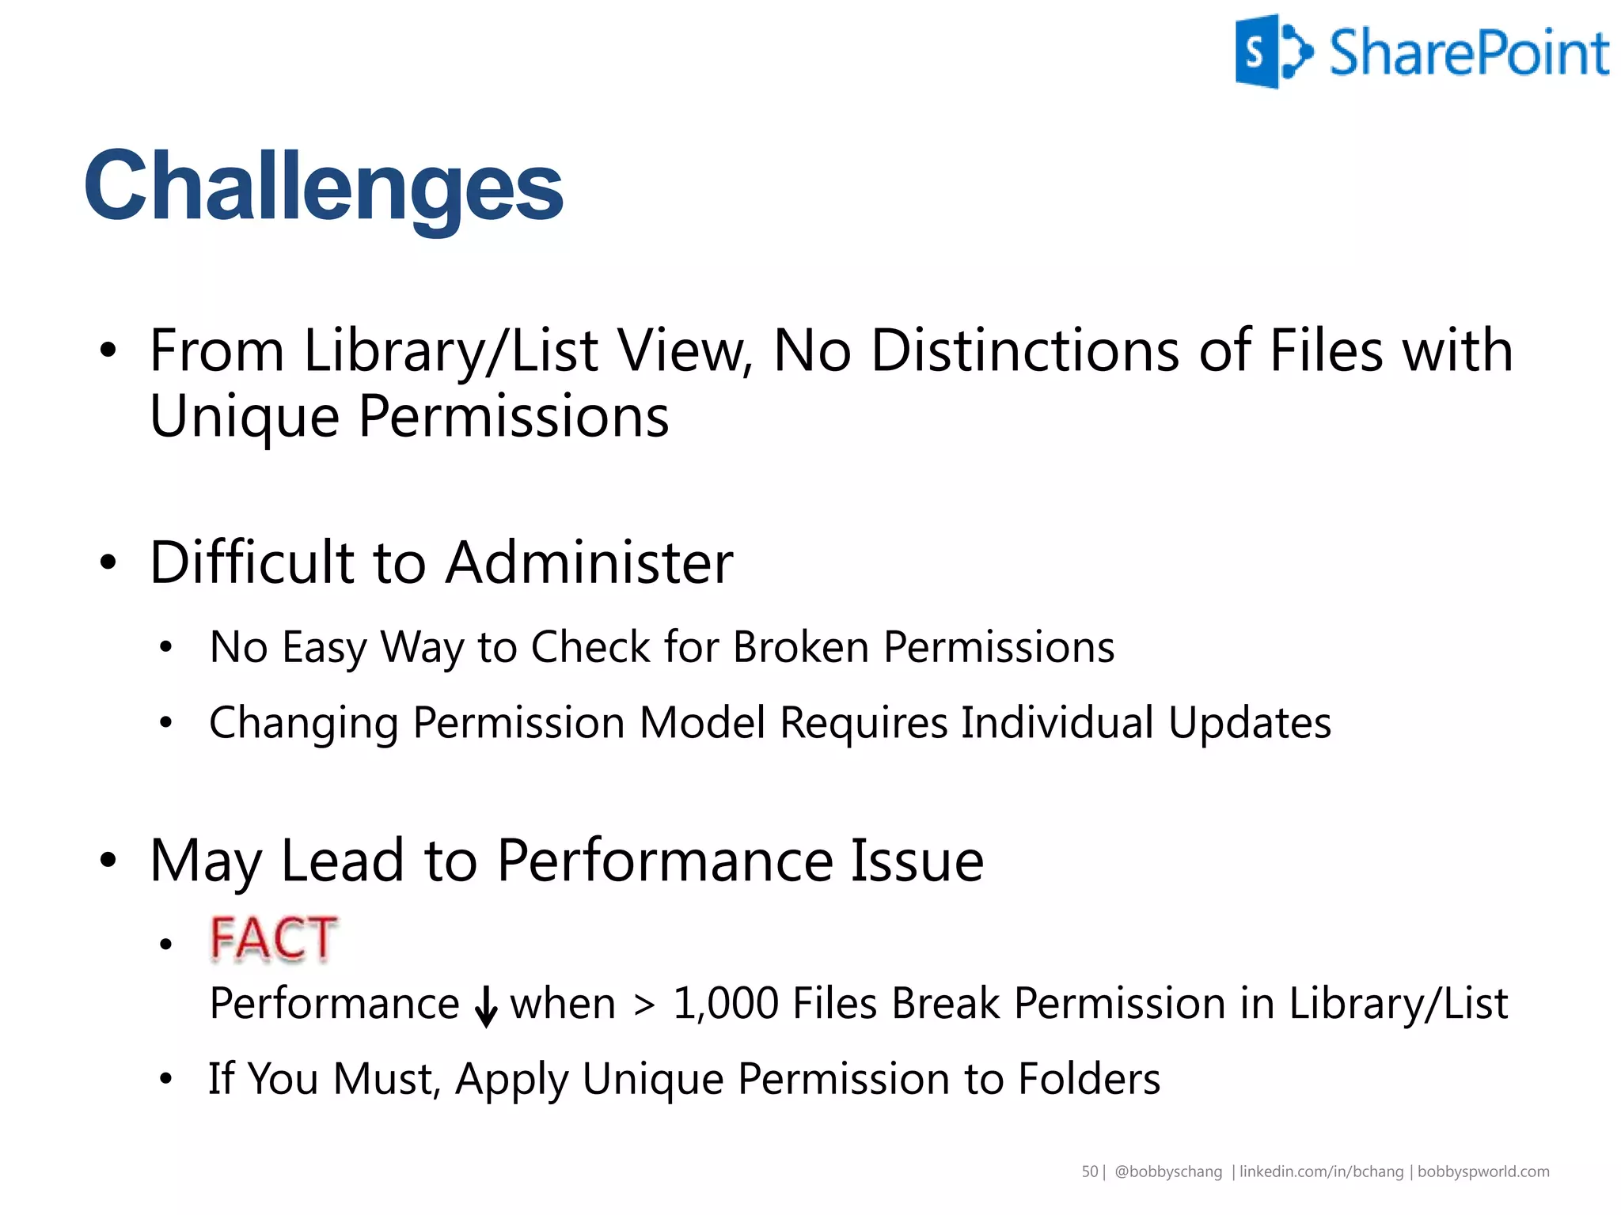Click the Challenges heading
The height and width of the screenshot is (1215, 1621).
pyautogui.click(x=323, y=187)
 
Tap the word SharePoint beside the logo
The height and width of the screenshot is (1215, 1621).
pyautogui.click(x=1469, y=53)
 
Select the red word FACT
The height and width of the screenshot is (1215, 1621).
pyautogui.click(x=274, y=939)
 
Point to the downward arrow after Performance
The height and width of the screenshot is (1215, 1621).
pyautogui.click(x=486, y=1006)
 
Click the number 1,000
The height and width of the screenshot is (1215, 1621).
pyautogui.click(x=726, y=1004)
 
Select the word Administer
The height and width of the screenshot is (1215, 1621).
pyautogui.click(x=590, y=562)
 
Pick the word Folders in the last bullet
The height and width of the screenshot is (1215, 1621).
pyautogui.click(x=1089, y=1079)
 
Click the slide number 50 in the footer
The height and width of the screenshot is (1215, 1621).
pyautogui.click(x=1090, y=1171)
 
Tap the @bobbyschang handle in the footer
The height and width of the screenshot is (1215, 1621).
pyautogui.click(x=1168, y=1171)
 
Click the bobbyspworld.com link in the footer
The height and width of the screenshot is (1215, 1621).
pyautogui.click(x=1483, y=1171)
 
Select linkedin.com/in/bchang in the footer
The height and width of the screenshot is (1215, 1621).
pyautogui.click(x=1321, y=1171)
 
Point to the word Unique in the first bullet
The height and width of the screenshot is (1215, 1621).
pyautogui.click(x=245, y=417)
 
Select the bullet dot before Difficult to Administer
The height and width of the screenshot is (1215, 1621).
pyautogui.click(x=108, y=562)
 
